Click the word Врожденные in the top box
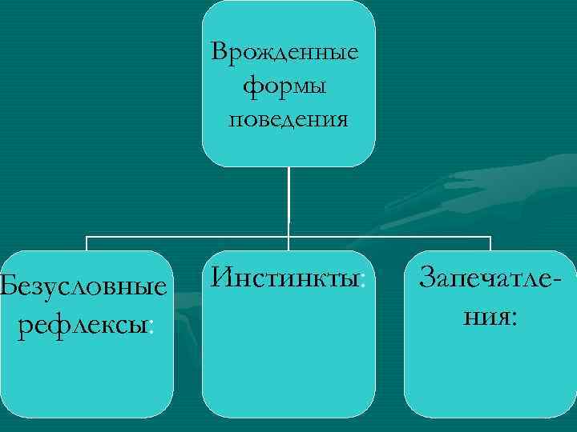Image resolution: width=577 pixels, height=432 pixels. pos(285,54)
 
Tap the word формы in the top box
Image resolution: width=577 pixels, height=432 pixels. pos(285,86)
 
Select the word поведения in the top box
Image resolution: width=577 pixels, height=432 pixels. pos(288,119)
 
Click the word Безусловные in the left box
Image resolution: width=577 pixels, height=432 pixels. pos(85,287)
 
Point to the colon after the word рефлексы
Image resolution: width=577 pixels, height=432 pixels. pos(151,327)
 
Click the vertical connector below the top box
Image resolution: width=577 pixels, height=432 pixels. pos(288,200)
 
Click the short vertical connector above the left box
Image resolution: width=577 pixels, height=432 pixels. pos(87,243)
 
